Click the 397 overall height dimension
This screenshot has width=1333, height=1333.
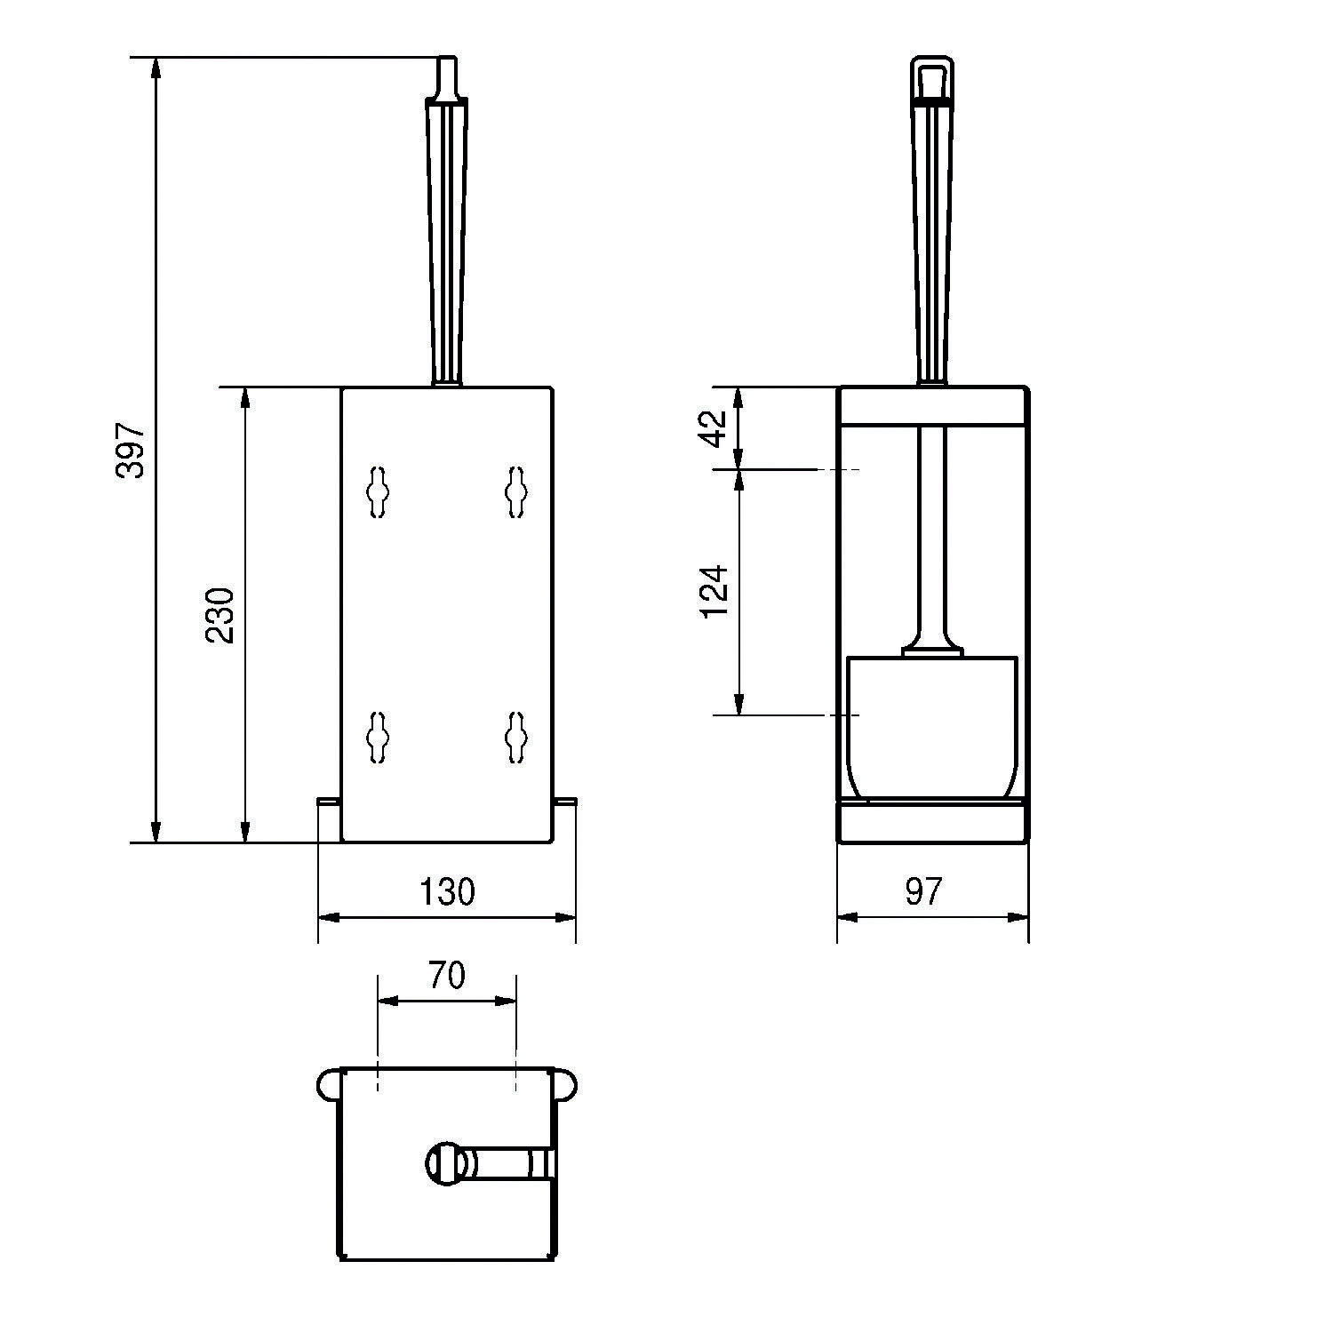130,450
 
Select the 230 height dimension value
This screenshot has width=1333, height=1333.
219,615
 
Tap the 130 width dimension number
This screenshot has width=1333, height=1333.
447,890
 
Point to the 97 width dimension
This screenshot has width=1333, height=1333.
923,890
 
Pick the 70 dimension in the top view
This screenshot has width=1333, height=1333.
447,975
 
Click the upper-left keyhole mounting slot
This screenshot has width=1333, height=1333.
379,491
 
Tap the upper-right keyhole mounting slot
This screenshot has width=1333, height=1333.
515,491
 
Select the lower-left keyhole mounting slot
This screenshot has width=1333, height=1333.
379,737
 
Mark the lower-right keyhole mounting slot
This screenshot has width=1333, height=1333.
515,737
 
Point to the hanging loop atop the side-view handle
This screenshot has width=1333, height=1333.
932,79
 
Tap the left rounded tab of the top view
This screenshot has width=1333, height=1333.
328,1085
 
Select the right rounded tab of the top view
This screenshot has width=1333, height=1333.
566,1085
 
